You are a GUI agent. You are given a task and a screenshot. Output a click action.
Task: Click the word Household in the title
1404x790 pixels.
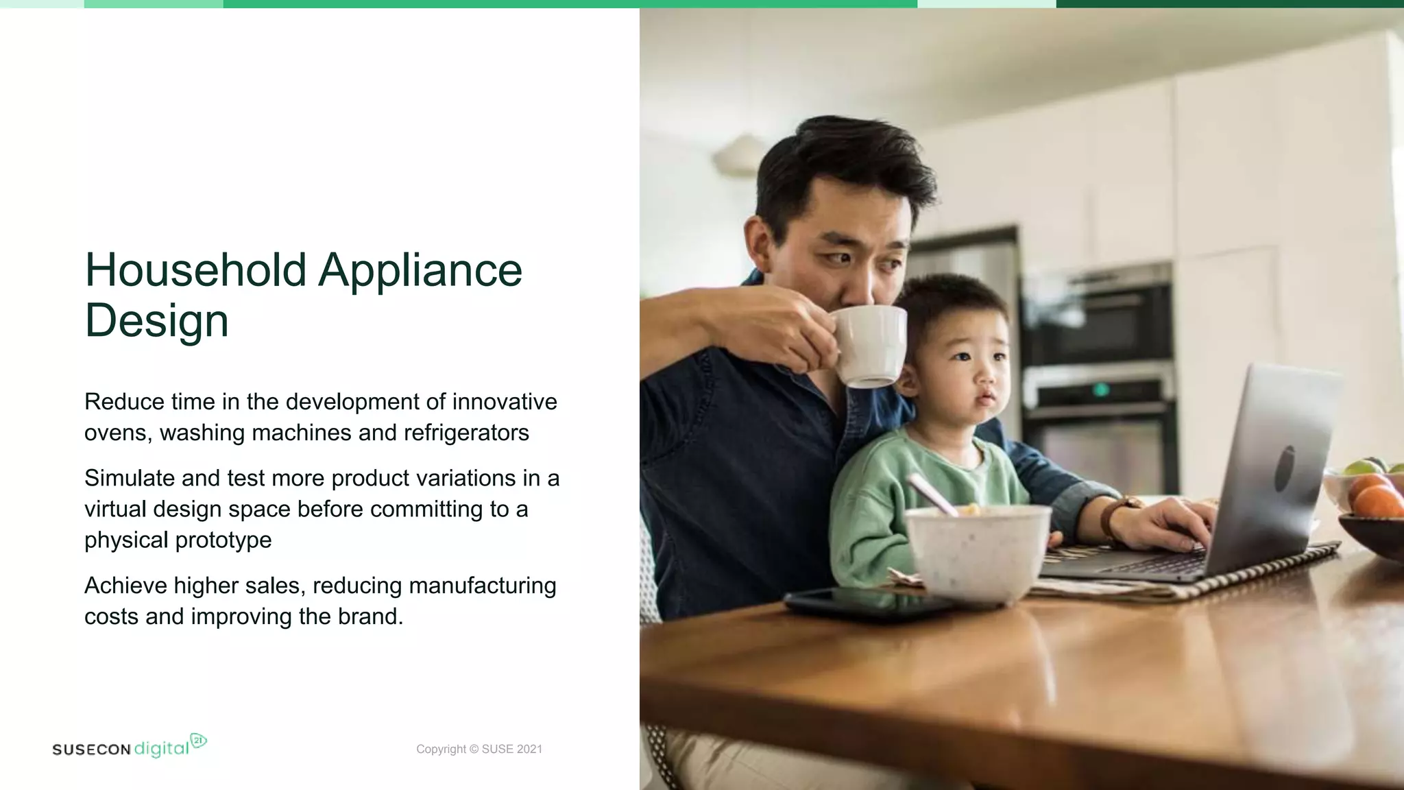coord(195,270)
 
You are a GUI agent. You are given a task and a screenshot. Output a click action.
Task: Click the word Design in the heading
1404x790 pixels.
coord(156,320)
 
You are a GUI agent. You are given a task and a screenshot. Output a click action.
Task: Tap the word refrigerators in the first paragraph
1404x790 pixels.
coord(466,433)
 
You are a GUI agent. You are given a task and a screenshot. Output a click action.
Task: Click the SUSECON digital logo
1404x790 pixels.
coord(130,747)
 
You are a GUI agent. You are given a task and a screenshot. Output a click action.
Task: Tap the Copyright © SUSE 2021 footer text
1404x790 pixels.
coord(479,749)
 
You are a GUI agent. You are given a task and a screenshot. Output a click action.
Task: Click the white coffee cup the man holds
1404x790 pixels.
coord(869,344)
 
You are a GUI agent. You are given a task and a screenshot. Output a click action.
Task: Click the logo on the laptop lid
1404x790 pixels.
coord(1285,468)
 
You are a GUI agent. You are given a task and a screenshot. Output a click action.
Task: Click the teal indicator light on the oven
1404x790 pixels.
coord(1101,390)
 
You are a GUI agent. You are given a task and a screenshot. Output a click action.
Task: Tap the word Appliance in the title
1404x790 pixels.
coord(420,270)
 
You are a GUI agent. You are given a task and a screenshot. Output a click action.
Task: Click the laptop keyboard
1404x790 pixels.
coord(1165,564)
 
